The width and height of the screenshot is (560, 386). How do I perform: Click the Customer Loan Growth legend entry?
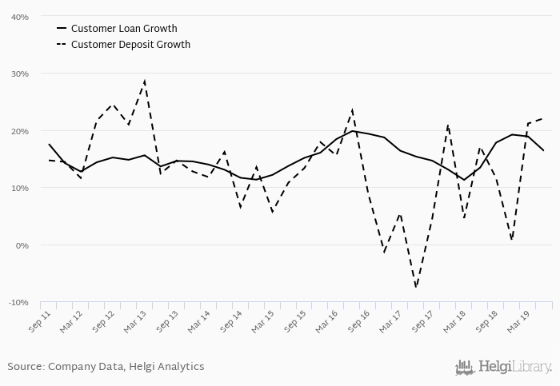124,29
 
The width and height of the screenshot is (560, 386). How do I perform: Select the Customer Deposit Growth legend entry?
130,45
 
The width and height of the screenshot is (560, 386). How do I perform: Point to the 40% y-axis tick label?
20,17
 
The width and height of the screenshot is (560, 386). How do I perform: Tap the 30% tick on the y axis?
20,74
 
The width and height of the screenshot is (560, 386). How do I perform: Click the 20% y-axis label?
20,131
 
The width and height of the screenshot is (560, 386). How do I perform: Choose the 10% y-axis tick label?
20,188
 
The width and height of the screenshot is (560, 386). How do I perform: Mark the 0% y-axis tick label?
22,245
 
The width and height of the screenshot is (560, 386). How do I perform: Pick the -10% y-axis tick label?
19,303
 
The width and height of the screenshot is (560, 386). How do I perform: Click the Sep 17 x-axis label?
423,323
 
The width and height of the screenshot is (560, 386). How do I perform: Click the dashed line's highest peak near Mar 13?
144,81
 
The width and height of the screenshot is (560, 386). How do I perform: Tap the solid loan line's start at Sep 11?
49,145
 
